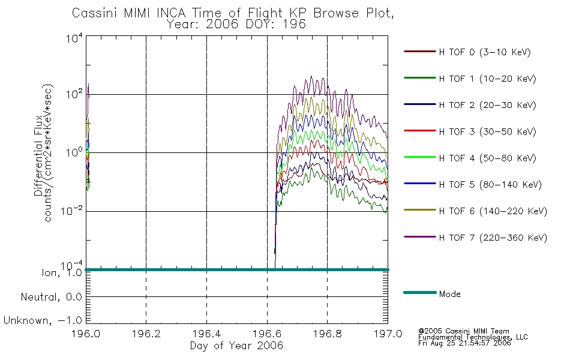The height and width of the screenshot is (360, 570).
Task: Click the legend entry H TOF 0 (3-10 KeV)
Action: tap(485, 52)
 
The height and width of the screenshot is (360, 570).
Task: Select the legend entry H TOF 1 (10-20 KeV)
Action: tap(487, 79)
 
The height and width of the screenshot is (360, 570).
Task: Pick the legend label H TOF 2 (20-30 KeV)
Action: tap(487, 105)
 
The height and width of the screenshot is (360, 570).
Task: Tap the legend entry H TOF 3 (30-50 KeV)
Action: tap(487, 131)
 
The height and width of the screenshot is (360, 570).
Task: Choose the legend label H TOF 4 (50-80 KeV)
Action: tap(487, 158)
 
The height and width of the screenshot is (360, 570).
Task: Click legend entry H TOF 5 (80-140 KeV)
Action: tap(490, 185)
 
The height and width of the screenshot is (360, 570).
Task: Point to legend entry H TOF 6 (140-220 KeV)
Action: tap(493, 211)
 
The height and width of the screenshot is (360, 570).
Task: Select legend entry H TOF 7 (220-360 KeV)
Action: tap(493, 238)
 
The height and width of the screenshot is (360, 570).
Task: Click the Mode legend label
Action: tap(449, 294)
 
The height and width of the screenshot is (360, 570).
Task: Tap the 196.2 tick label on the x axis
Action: tap(146, 334)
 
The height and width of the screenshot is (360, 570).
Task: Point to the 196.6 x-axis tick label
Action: tap(267, 334)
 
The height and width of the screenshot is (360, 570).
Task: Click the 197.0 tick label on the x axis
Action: tap(388, 334)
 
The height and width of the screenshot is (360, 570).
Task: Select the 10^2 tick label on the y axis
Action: tap(74, 94)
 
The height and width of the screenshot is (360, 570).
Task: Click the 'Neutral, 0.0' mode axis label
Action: tap(51, 297)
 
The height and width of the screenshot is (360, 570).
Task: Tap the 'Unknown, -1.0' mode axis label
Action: tap(43, 320)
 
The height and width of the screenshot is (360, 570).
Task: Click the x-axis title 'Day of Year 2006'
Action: tap(236, 346)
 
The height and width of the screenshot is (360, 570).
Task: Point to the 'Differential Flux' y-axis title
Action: tap(38, 155)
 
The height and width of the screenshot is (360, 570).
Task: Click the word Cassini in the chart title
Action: tap(95, 13)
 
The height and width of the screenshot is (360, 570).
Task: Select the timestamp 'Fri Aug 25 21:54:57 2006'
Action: tap(464, 343)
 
